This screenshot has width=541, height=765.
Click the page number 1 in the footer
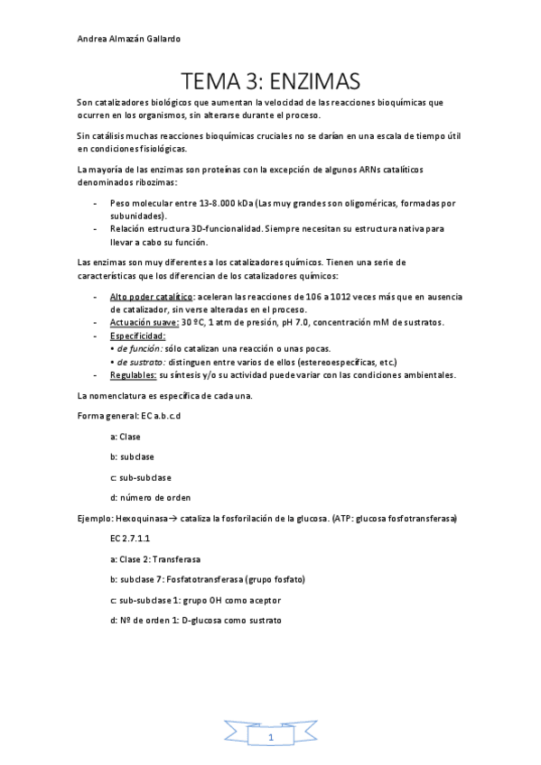270,738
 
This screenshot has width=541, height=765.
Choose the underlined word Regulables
133,374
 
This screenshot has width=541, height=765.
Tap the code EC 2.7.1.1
130,537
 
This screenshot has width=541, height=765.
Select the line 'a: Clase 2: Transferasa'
154,559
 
